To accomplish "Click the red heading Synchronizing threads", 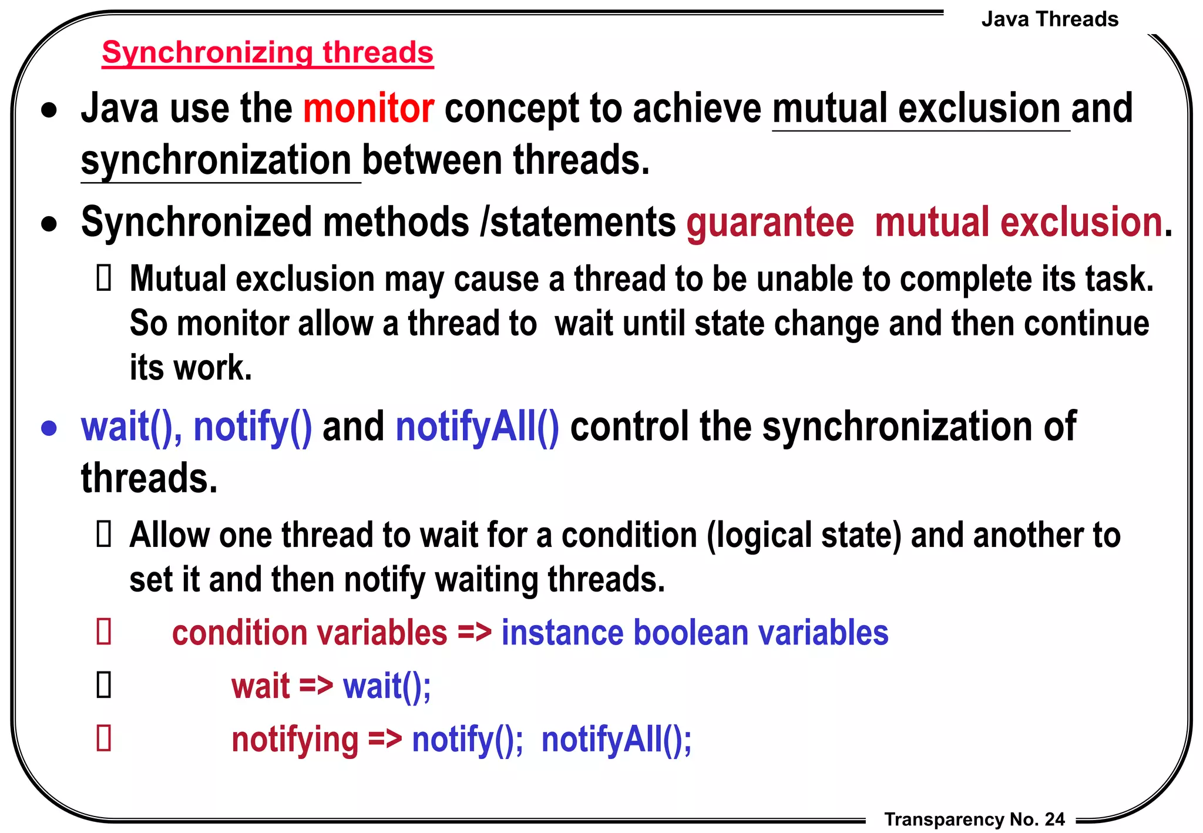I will click(267, 53).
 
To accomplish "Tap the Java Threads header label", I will click(1050, 19).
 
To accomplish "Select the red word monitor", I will click(368, 109).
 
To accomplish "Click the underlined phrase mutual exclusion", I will click(920, 109).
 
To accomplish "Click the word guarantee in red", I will click(770, 223).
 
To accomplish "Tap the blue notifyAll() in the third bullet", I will click(477, 427).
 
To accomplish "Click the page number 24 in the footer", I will click(1055, 819).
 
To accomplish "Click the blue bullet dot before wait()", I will click(49, 429).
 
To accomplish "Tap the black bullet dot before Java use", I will click(49, 110).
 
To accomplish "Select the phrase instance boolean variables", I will click(694, 633).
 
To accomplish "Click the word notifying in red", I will click(295, 740).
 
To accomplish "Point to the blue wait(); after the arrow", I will click(387, 686).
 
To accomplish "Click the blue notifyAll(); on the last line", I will click(616, 740).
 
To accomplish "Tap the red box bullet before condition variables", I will click(104, 632).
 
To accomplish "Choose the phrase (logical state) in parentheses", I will click(804, 536).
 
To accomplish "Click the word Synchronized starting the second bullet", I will click(196, 223).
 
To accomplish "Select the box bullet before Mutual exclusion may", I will click(104, 278).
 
